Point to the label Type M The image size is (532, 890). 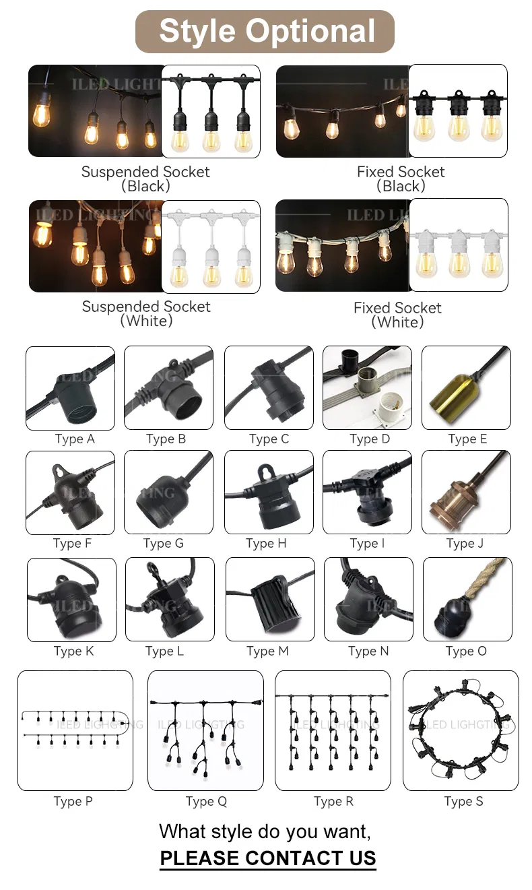267,651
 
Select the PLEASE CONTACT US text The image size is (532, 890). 267,858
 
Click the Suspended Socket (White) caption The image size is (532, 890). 146,313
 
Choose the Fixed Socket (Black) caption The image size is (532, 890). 401,179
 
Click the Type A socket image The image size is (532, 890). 70,388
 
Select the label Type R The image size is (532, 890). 333,801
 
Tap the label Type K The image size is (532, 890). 73,651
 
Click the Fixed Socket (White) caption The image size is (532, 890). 397,315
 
